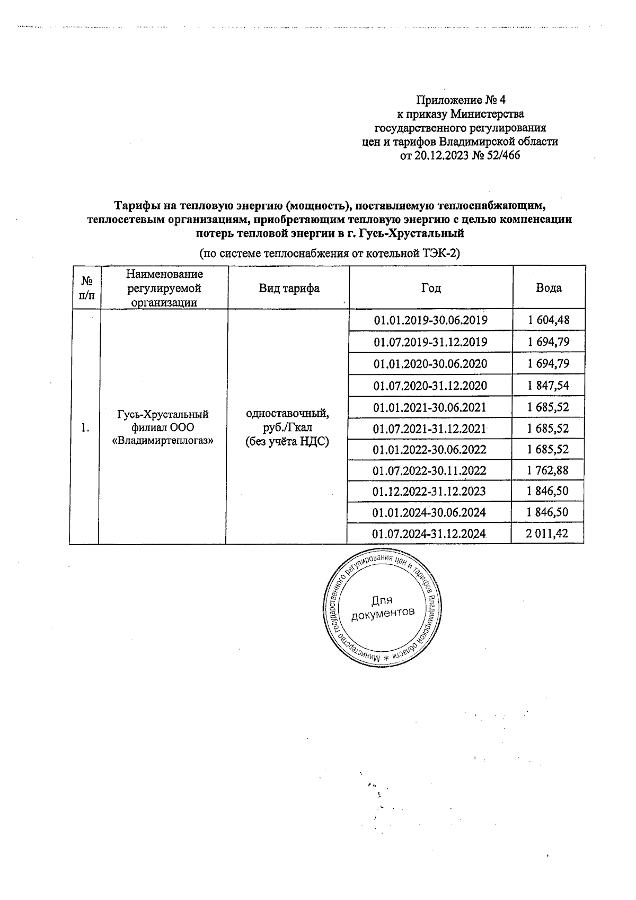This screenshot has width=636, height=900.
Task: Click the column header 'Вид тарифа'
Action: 289,288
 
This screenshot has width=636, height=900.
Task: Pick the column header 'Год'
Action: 431,288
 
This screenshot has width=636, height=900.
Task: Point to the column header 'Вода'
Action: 549,288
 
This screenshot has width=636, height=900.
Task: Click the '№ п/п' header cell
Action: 84,288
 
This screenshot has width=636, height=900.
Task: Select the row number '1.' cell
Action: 84,427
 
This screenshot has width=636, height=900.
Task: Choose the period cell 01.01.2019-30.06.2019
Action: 430,320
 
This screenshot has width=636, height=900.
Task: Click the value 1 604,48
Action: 549,320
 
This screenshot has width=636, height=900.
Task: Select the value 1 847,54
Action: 549,386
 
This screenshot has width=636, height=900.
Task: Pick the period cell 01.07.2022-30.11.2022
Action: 429,470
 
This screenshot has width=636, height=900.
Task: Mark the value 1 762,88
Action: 549,470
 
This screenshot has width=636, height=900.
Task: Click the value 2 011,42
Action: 547,534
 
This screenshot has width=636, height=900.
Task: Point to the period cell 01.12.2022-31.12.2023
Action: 429,491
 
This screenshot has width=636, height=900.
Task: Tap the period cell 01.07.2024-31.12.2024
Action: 429,534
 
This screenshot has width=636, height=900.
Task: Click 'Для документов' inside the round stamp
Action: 382,607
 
